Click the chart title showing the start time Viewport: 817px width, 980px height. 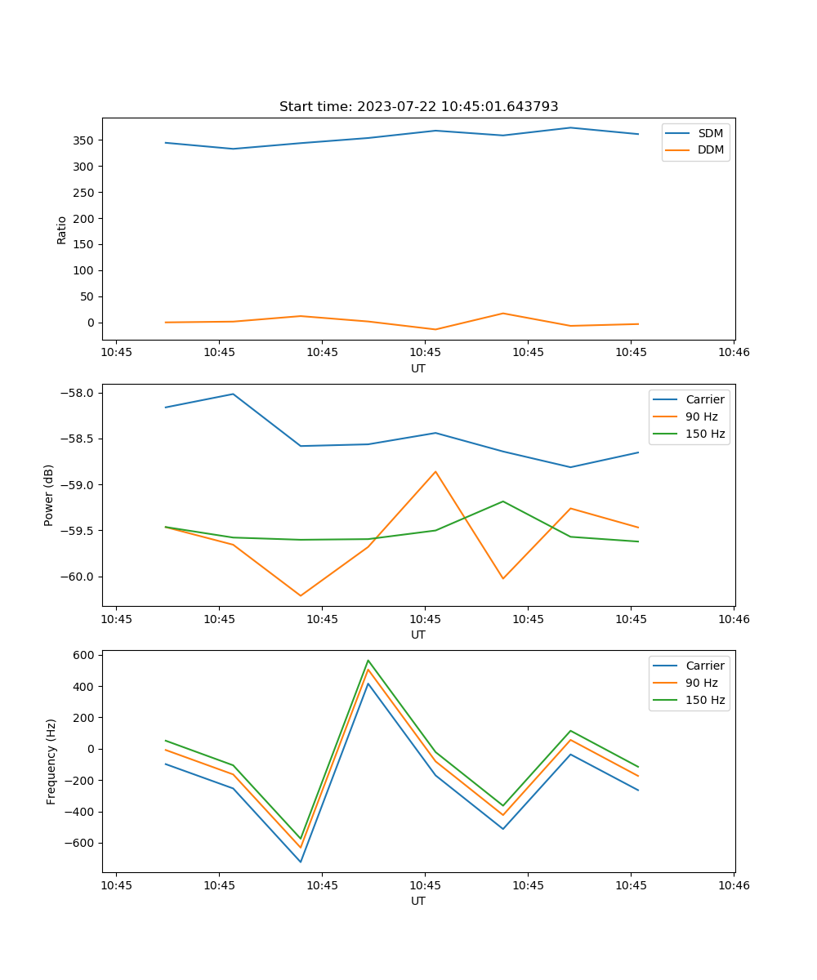(x=418, y=107)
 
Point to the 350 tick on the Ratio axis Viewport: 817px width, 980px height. (x=87, y=140)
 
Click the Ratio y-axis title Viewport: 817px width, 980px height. (x=62, y=229)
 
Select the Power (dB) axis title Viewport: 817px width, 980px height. (x=49, y=495)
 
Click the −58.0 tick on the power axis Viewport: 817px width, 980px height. (x=81, y=393)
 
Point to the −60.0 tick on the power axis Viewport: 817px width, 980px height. (x=81, y=577)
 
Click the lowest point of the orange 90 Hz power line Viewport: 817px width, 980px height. (x=301, y=595)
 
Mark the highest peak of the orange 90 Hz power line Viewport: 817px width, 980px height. (x=435, y=471)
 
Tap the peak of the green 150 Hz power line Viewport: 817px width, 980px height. (x=503, y=501)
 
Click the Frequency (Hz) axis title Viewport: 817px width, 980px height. (x=51, y=761)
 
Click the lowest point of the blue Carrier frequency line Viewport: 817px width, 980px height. (x=301, y=862)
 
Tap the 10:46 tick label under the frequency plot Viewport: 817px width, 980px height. (x=734, y=884)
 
